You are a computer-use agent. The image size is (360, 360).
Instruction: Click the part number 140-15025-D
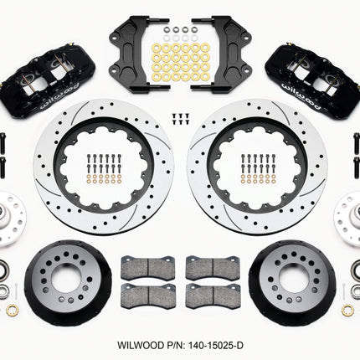point(216,345)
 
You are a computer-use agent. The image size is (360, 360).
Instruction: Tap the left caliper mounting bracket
point(140,54)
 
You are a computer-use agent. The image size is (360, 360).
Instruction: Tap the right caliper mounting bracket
point(221,54)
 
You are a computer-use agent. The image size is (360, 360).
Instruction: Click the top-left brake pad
point(148,267)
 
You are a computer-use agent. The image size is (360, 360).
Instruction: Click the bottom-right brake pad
point(213,296)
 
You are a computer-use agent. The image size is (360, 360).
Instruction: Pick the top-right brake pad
point(213,267)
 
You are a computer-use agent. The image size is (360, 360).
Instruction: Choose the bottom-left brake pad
point(148,296)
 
